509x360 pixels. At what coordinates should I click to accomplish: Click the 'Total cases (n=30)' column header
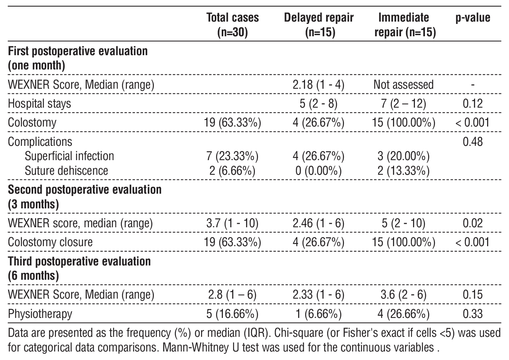[233, 25]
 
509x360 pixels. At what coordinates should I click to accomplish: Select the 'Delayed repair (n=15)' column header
[319, 25]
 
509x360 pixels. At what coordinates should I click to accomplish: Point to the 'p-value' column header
[473, 18]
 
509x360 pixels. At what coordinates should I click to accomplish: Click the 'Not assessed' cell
[403, 85]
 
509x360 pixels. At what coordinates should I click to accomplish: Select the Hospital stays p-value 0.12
[472, 103]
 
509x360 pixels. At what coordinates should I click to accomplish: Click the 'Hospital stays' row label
[39, 103]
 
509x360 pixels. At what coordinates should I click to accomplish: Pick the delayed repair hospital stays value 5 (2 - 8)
[319, 103]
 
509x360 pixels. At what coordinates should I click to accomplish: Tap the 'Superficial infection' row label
[69, 156]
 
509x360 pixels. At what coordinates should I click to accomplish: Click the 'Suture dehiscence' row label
[66, 170]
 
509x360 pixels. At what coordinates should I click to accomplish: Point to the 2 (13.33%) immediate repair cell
[403, 170]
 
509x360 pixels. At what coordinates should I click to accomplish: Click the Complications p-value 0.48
[472, 142]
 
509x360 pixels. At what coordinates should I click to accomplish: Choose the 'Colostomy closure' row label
[50, 242]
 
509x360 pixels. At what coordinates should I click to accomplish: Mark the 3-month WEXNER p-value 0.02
[472, 223]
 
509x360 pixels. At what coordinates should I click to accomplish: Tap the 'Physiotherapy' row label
[40, 313]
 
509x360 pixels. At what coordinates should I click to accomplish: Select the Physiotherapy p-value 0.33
[472, 313]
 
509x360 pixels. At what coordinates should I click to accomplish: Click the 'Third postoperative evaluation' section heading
[79, 261]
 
